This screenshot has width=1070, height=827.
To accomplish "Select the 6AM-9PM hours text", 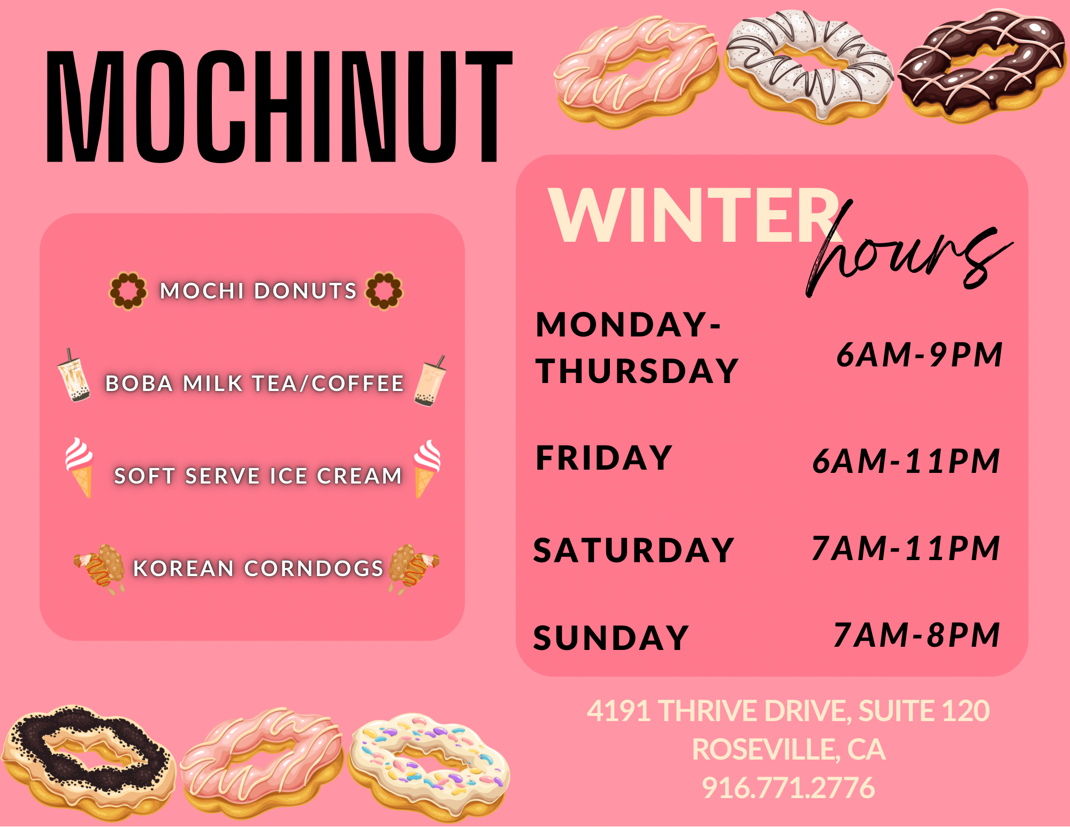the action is click(919, 354).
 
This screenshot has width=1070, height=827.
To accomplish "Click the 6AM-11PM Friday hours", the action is click(906, 461).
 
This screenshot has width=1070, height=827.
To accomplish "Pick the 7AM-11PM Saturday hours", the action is click(906, 548).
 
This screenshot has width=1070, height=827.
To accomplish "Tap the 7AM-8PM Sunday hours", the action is click(917, 635).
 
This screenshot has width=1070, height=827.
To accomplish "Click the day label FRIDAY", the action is click(603, 458).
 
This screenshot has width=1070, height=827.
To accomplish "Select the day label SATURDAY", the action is click(633, 550).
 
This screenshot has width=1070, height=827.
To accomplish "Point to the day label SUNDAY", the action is click(611, 638).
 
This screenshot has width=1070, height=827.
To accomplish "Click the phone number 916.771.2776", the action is click(789, 787).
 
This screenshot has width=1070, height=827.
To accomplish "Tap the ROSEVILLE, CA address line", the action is click(789, 749).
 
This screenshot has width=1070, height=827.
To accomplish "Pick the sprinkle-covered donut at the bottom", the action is click(429, 766).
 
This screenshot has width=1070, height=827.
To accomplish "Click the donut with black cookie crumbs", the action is click(88, 762).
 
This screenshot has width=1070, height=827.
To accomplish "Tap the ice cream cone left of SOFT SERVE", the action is click(79, 467).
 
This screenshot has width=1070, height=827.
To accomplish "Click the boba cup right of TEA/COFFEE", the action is click(430, 381).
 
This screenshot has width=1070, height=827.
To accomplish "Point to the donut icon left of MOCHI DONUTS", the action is click(128, 290).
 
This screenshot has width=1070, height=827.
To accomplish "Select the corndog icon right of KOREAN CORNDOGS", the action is click(414, 569).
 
